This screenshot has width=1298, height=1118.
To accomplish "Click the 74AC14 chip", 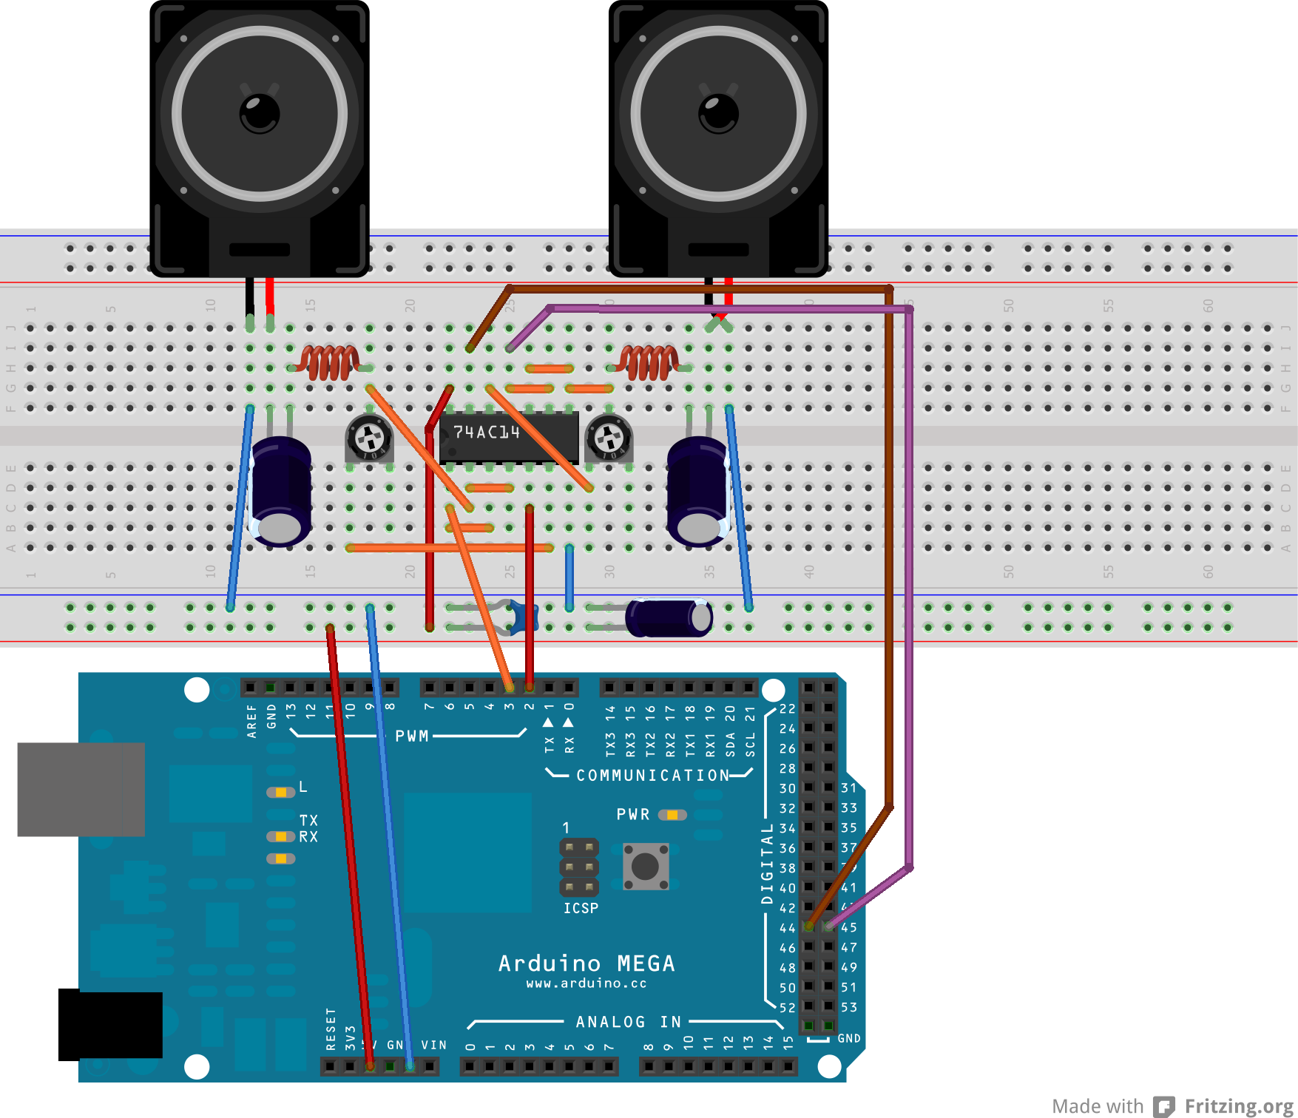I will (509, 438).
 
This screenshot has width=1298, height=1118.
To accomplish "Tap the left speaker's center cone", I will (260, 114).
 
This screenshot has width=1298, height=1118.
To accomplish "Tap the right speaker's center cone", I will (718, 114).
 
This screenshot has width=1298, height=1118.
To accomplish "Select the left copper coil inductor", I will (330, 362).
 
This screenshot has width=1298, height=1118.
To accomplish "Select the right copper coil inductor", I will (649, 362).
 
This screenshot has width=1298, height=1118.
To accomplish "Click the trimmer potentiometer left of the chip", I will (369, 438).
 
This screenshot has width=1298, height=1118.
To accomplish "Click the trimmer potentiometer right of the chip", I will (609, 438).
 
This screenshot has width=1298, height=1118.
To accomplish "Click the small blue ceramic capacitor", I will (524, 617).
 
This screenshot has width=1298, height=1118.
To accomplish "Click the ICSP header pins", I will (579, 867).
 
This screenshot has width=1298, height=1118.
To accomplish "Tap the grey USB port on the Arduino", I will (81, 789).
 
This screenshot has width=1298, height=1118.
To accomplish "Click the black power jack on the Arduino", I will (110, 1026).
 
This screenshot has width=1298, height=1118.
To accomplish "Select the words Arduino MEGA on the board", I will (586, 963).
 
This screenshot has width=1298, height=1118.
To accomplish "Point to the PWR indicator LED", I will (672, 815).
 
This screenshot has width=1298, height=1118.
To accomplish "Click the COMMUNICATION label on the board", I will (652, 776).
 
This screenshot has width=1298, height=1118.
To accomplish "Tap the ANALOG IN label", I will (629, 1022).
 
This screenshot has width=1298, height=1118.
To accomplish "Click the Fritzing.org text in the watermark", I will (1239, 1106).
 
